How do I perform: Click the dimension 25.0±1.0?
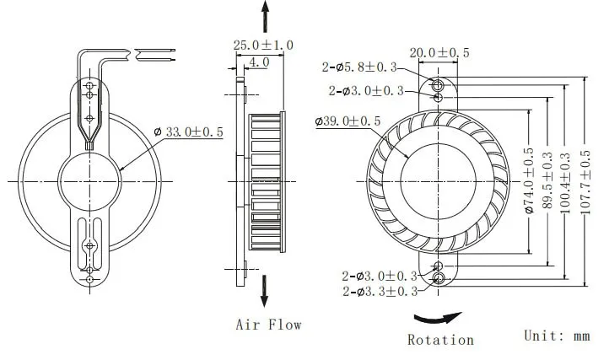(x=262, y=45)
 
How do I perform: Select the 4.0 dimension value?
(x=258, y=62)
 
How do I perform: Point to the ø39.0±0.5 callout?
(x=348, y=122)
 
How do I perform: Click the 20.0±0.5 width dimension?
(x=439, y=52)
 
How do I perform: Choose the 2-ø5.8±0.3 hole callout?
(x=364, y=67)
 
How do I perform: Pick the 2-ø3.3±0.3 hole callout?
(x=380, y=292)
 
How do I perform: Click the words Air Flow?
(x=268, y=324)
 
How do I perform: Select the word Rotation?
(x=440, y=340)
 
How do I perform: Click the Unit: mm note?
(x=556, y=335)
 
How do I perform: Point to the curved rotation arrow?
(x=438, y=319)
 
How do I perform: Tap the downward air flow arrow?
(x=267, y=290)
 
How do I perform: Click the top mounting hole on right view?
(x=438, y=86)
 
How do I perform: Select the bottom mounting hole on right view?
(x=438, y=277)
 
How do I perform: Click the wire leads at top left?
(x=152, y=56)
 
